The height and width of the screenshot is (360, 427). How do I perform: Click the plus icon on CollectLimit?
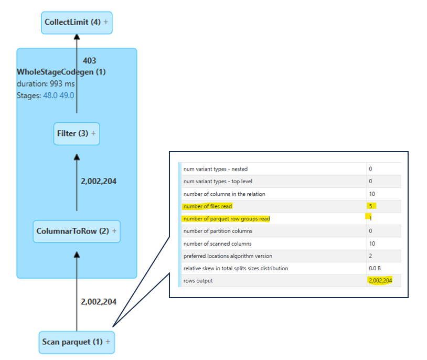(x=106, y=22)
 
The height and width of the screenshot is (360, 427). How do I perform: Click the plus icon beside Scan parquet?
(x=108, y=342)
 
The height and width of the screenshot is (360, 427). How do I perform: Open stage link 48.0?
(x=50, y=96)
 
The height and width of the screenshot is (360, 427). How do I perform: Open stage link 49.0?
(x=67, y=96)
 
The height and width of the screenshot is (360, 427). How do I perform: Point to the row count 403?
(x=89, y=61)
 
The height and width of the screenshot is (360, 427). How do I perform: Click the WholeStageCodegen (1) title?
(x=61, y=72)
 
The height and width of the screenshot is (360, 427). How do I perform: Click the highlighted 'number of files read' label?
(x=208, y=206)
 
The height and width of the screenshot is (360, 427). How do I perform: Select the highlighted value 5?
(x=370, y=206)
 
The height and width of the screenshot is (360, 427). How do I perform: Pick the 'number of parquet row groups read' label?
(x=226, y=219)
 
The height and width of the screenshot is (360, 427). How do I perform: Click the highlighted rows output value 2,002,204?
(x=380, y=281)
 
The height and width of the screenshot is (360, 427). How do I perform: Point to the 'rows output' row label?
(x=198, y=281)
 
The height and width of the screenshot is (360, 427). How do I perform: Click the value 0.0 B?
(x=375, y=268)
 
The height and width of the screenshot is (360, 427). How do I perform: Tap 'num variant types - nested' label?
(x=215, y=169)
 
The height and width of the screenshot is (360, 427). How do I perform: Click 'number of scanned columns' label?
(x=217, y=243)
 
